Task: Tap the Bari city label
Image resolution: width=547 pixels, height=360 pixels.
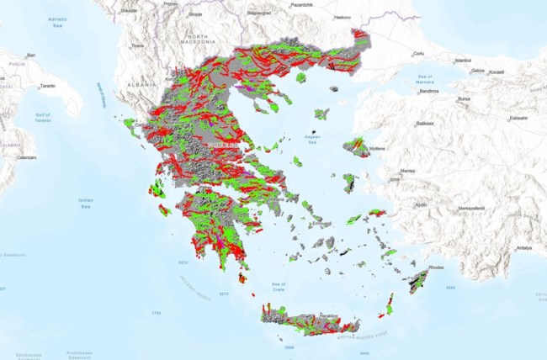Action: (x=30, y=56)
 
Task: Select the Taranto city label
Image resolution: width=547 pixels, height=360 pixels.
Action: (x=47, y=86)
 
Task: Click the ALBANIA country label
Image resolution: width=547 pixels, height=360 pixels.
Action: (x=142, y=84)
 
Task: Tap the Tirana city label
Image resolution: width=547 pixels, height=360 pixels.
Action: (x=138, y=46)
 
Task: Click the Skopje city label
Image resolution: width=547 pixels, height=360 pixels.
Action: (x=195, y=14)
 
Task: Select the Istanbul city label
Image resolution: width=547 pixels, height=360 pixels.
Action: (x=463, y=61)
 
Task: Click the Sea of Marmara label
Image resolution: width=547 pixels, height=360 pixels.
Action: (x=425, y=80)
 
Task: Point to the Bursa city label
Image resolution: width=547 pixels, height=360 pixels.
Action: (x=464, y=98)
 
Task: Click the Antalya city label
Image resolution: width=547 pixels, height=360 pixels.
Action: (x=524, y=248)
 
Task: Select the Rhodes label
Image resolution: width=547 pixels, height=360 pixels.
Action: (x=435, y=267)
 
